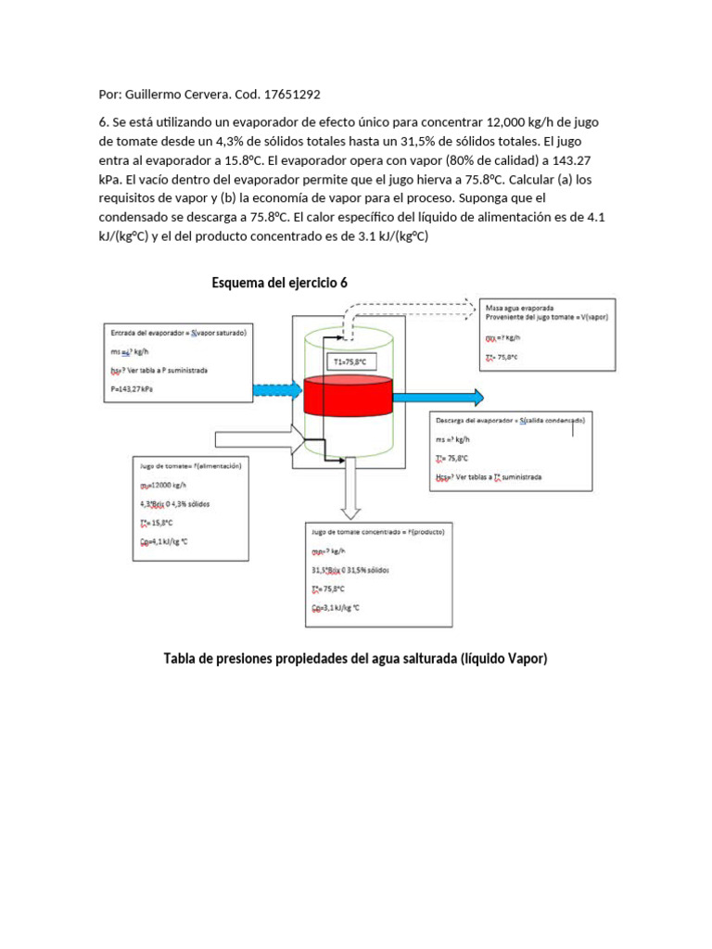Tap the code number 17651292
click(291, 95)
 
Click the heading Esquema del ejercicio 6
click(279, 283)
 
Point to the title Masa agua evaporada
click(520, 307)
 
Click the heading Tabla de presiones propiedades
click(355, 659)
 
